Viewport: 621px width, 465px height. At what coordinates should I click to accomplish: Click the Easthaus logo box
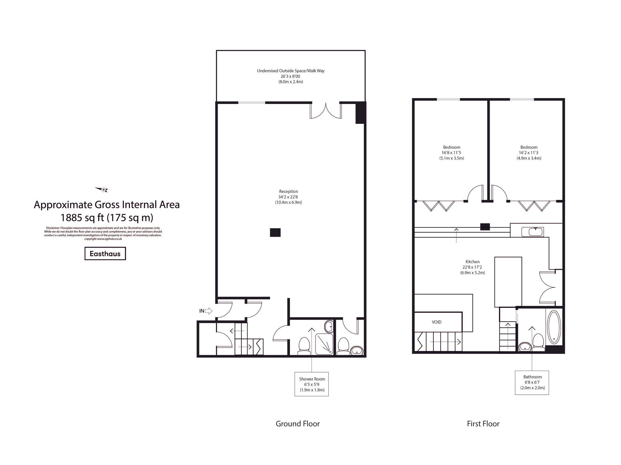point(105,254)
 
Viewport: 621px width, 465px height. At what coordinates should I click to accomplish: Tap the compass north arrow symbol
point(102,189)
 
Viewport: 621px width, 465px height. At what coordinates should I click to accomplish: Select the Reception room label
point(288,197)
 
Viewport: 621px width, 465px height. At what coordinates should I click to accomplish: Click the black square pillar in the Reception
point(275,232)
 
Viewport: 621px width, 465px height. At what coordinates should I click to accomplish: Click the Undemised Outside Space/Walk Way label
point(291,76)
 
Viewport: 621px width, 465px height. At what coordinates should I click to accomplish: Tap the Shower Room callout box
point(312,384)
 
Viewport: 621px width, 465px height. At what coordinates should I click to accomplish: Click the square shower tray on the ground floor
point(324,344)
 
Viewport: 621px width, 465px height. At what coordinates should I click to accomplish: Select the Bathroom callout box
point(532,382)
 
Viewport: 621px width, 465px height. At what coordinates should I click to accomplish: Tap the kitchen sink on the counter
point(532,232)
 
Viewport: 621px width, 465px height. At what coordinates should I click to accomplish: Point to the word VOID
point(436,322)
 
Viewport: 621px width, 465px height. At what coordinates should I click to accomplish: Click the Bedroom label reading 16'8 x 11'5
point(451,152)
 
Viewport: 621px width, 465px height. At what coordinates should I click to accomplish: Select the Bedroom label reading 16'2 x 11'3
point(529,152)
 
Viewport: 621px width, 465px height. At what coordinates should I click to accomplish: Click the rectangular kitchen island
point(508,282)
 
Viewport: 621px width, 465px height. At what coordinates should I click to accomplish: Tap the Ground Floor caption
point(297,424)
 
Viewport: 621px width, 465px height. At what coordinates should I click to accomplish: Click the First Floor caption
point(483,424)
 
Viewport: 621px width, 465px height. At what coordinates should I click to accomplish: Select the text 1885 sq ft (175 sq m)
point(107,218)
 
